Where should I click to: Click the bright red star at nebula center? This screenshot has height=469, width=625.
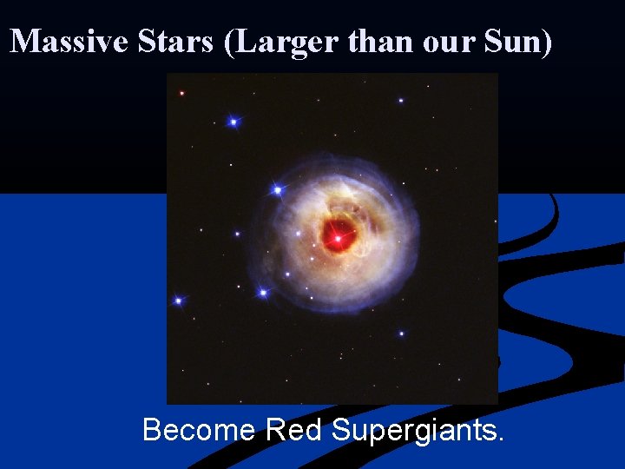click(x=337, y=235)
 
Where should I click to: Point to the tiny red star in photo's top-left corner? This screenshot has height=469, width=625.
click(x=181, y=93)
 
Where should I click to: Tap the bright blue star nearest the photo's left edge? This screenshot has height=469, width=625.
click(x=179, y=301)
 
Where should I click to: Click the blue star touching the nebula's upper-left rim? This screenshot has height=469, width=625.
click(x=277, y=189)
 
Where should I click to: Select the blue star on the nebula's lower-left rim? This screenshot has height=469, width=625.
click(x=262, y=293)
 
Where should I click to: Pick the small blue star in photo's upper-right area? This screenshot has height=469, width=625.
click(x=400, y=101)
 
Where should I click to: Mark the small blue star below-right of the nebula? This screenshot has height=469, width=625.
click(x=401, y=333)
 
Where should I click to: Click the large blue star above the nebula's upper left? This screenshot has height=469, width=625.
click(x=233, y=122)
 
